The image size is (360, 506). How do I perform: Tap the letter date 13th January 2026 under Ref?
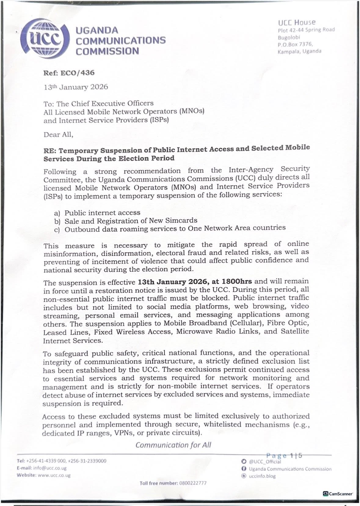click(76, 87)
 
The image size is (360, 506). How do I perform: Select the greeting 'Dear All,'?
click(58, 135)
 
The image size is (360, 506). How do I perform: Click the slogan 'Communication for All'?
click(173, 445)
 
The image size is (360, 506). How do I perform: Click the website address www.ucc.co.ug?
click(54, 475)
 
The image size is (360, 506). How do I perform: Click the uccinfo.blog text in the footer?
click(262, 476)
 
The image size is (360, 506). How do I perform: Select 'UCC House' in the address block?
click(296, 22)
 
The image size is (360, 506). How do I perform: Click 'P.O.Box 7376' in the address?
click(295, 45)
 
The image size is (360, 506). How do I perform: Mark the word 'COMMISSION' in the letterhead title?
click(107, 51)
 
